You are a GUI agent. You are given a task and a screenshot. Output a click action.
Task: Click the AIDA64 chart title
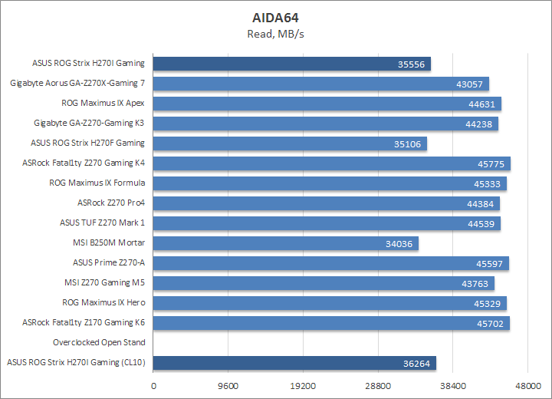276,17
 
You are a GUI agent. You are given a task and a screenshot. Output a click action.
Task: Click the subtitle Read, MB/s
276,33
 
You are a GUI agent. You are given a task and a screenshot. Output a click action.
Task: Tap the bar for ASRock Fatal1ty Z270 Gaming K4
332,163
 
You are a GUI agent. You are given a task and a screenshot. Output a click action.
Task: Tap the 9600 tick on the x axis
228,387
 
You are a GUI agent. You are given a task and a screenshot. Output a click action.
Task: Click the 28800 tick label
378,387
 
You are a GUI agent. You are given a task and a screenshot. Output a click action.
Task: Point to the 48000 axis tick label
527,387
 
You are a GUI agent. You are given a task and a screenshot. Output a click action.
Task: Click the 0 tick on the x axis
154,387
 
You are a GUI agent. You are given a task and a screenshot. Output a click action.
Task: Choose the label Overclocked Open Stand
99,343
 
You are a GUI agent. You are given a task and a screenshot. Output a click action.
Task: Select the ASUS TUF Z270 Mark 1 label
102,223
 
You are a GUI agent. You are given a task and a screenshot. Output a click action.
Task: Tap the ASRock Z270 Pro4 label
111,203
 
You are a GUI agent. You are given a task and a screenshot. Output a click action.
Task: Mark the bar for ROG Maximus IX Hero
330,303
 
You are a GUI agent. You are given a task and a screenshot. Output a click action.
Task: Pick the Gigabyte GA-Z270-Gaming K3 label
89,123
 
